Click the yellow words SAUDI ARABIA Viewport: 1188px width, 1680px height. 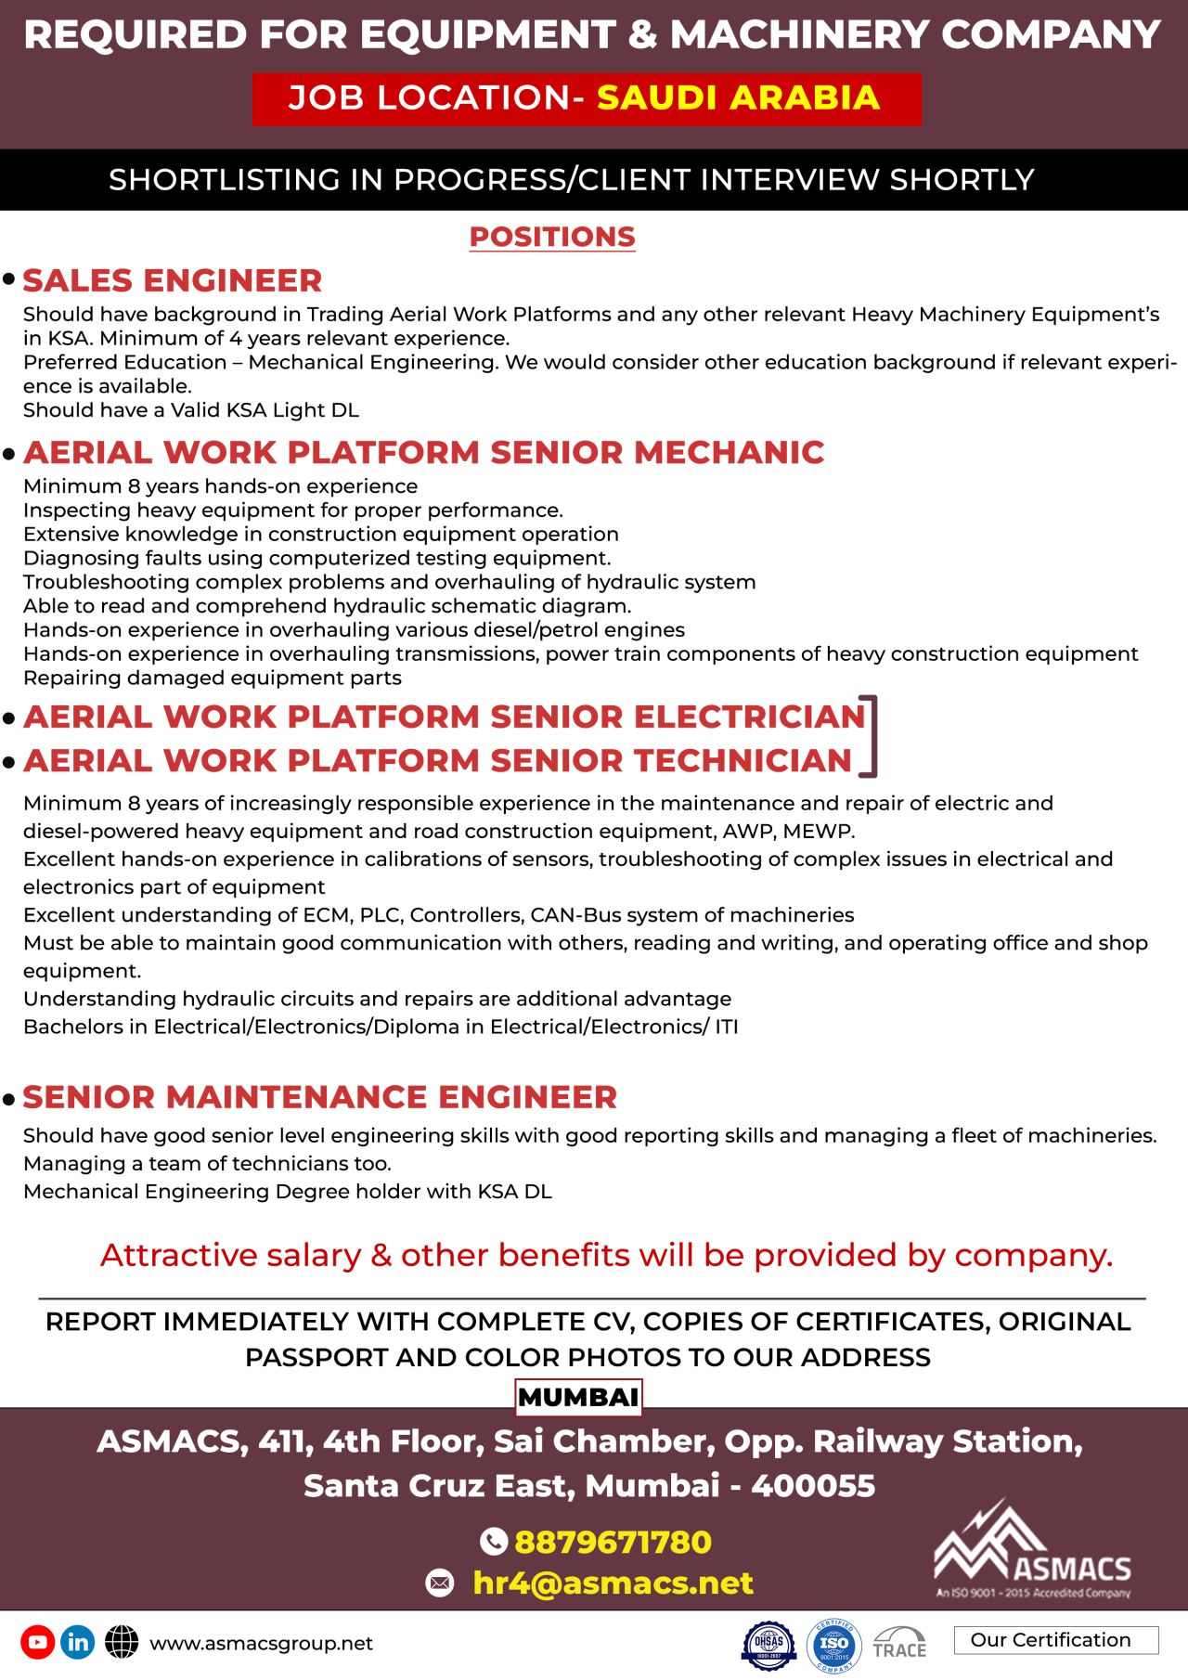tap(738, 97)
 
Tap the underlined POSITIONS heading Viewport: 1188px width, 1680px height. tap(552, 237)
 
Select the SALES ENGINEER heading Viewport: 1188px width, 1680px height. tap(173, 280)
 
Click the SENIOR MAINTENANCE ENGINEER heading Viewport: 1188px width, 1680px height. tap(320, 1097)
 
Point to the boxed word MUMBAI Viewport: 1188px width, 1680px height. tap(578, 1397)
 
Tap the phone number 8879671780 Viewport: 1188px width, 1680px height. tap(613, 1542)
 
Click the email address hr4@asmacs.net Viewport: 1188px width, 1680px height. tap(613, 1583)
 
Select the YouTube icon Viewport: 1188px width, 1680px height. tap(37, 1642)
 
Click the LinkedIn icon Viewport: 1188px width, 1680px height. tap(78, 1642)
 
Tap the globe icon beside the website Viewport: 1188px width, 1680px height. tap(122, 1642)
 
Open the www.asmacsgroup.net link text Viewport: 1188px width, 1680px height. tap(261, 1643)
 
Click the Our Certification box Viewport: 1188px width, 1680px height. tap(1055, 1640)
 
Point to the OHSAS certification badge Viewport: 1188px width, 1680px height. tap(768, 1644)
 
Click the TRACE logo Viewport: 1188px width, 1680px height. tap(899, 1644)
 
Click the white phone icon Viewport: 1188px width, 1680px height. tap(493, 1542)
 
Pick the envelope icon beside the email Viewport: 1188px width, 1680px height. tap(440, 1583)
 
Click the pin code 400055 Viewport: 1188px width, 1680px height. tap(813, 1486)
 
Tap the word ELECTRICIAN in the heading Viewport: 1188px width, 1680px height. tap(750, 717)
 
